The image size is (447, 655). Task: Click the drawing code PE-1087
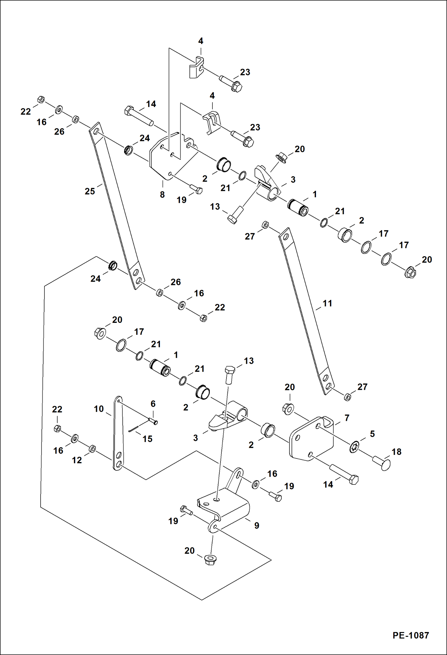[411, 635]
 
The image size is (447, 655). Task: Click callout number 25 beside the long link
[90, 191]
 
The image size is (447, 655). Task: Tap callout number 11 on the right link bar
[327, 303]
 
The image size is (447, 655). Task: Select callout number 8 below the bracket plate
[162, 194]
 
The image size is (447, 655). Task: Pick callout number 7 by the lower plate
[347, 418]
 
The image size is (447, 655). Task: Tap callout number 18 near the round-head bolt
[396, 452]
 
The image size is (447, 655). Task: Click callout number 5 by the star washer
[372, 434]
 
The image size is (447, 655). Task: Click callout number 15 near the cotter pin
[147, 439]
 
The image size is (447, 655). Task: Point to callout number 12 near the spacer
[77, 460]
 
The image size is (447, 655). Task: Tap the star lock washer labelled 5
[354, 447]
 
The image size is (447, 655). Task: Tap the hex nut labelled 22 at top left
[41, 99]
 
